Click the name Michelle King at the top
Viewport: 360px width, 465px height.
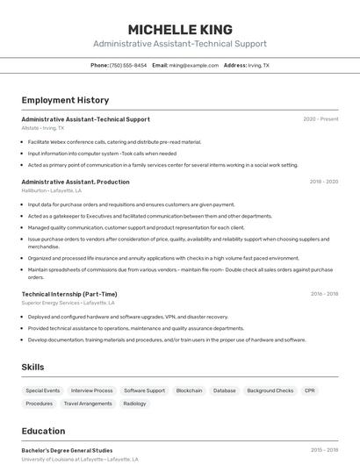(x=180, y=29)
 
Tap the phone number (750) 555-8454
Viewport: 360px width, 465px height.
(x=128, y=65)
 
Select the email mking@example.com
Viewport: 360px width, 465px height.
(x=193, y=65)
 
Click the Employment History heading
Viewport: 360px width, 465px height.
(x=65, y=100)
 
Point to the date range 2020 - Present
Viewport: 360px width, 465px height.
(x=320, y=119)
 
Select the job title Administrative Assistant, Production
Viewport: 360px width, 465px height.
(x=75, y=182)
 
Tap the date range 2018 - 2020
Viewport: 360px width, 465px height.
(x=323, y=182)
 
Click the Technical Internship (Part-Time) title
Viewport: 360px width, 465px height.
(x=68, y=294)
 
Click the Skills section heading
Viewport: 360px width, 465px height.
(x=32, y=367)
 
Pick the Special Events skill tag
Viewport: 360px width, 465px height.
(x=43, y=390)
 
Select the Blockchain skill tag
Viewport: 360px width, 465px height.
(x=189, y=390)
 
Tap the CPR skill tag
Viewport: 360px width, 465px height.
(x=310, y=390)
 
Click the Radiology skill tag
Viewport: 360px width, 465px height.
(x=134, y=404)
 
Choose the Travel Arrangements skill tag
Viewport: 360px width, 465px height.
(x=88, y=404)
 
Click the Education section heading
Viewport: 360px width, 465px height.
(x=43, y=431)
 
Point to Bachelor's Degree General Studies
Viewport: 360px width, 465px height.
(x=67, y=450)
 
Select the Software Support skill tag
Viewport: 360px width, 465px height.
(x=144, y=390)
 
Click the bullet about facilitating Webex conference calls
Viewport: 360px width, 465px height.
(x=114, y=141)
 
